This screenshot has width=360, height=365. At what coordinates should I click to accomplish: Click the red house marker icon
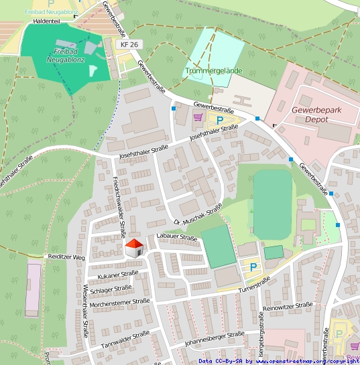tap(135, 248)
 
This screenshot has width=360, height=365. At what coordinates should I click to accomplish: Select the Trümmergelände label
tap(211, 70)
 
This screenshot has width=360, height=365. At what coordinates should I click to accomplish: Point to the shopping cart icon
tap(197, 117)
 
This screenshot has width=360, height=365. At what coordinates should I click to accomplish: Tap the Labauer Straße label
tap(176, 237)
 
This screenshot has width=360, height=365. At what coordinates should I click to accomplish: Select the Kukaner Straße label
tap(117, 275)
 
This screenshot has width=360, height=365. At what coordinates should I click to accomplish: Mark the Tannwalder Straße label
tap(125, 339)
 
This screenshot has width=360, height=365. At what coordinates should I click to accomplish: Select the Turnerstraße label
tap(253, 284)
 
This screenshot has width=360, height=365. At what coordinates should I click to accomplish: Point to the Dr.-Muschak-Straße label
tap(197, 215)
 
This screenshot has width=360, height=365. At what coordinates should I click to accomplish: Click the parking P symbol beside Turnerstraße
tap(253, 267)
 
